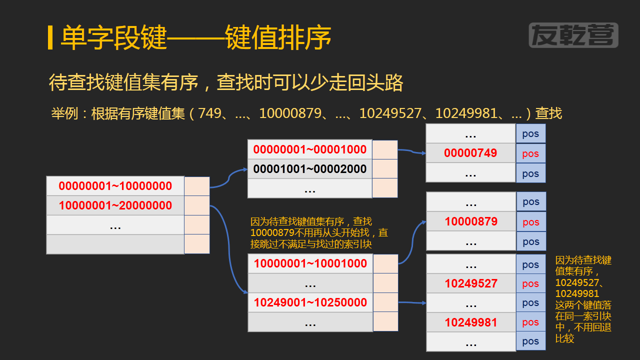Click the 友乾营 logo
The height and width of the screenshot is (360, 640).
573,35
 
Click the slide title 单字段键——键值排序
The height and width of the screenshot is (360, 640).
196,38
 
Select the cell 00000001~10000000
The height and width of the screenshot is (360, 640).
115,186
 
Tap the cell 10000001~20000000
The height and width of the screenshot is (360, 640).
115,205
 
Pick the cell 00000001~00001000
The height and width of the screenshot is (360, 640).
310,149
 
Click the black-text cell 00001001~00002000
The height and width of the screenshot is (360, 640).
310,169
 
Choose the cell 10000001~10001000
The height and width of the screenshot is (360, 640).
310,263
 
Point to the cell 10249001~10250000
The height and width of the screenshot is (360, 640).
310,302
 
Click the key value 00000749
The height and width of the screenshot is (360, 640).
470,153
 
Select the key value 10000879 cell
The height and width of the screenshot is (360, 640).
471,221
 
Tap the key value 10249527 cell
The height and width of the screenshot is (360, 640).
471,283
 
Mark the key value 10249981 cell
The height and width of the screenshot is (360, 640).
471,322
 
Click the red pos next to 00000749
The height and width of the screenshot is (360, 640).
530,153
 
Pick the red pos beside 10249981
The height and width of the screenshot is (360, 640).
530,322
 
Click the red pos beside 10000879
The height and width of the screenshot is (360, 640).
531,222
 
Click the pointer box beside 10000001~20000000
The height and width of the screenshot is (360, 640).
197,205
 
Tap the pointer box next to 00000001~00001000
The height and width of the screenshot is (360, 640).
385,149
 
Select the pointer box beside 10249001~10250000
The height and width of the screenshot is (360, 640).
385,302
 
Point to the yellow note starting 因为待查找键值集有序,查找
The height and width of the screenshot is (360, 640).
319,232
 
